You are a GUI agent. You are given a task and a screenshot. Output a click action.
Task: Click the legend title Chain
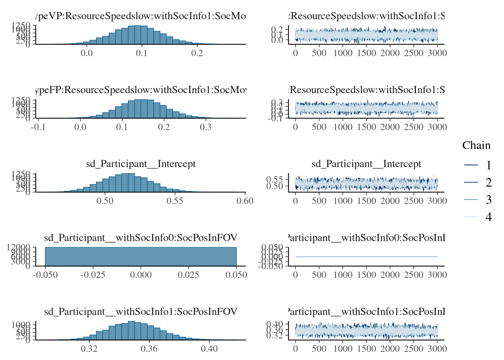[x=476, y=145]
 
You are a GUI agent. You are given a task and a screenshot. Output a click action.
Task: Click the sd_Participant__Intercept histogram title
[x=141, y=164]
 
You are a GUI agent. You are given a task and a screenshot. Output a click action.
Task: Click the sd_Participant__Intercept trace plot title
[x=366, y=164]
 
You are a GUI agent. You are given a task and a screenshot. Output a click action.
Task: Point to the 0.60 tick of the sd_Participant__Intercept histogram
[x=245, y=201]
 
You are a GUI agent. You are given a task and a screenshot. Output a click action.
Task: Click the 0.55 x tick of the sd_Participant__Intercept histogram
[x=175, y=201]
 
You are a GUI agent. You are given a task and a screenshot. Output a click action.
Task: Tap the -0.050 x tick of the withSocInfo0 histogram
[x=45, y=275]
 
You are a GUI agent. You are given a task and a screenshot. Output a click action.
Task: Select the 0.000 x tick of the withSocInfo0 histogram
[x=141, y=275]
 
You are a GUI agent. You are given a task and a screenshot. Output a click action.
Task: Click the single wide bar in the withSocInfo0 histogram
[x=141, y=256]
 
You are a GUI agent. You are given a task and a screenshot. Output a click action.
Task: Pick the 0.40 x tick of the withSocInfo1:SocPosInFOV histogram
[x=209, y=349]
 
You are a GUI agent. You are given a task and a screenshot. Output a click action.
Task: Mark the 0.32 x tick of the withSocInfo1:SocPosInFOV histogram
[x=89, y=349]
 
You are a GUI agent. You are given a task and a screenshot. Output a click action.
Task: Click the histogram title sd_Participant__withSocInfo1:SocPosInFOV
[x=141, y=312]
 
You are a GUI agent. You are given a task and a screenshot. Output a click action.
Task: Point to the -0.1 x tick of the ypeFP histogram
[x=38, y=127]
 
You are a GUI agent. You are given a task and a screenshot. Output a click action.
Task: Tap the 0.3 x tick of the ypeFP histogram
[x=205, y=127]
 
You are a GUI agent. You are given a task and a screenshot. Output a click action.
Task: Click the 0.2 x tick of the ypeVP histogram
[x=197, y=53]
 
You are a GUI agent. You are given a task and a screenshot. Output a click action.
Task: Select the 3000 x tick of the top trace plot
[x=437, y=53]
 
